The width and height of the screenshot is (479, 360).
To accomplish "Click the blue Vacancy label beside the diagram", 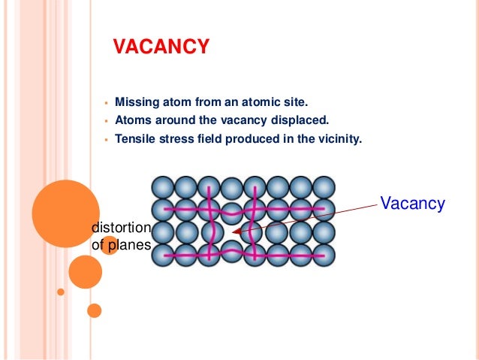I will click(412, 204).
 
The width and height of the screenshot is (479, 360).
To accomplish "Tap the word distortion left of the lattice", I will click(121, 228).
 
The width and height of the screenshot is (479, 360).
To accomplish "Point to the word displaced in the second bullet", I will click(303, 119).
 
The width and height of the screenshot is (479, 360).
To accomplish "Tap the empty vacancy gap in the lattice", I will click(232, 231).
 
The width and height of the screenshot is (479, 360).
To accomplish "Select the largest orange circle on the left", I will click(65, 214).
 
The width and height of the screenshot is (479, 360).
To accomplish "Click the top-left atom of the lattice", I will click(163, 187).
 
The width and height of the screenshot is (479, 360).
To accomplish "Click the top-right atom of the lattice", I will click(324, 187).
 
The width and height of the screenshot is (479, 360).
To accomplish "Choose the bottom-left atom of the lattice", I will click(163, 256).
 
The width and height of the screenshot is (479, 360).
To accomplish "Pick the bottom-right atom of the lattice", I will click(324, 256).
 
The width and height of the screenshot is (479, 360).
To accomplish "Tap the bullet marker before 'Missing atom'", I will click(107, 101).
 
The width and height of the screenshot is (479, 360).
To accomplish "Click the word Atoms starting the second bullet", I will click(131, 119).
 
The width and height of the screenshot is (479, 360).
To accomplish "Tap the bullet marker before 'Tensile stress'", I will click(107, 139).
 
